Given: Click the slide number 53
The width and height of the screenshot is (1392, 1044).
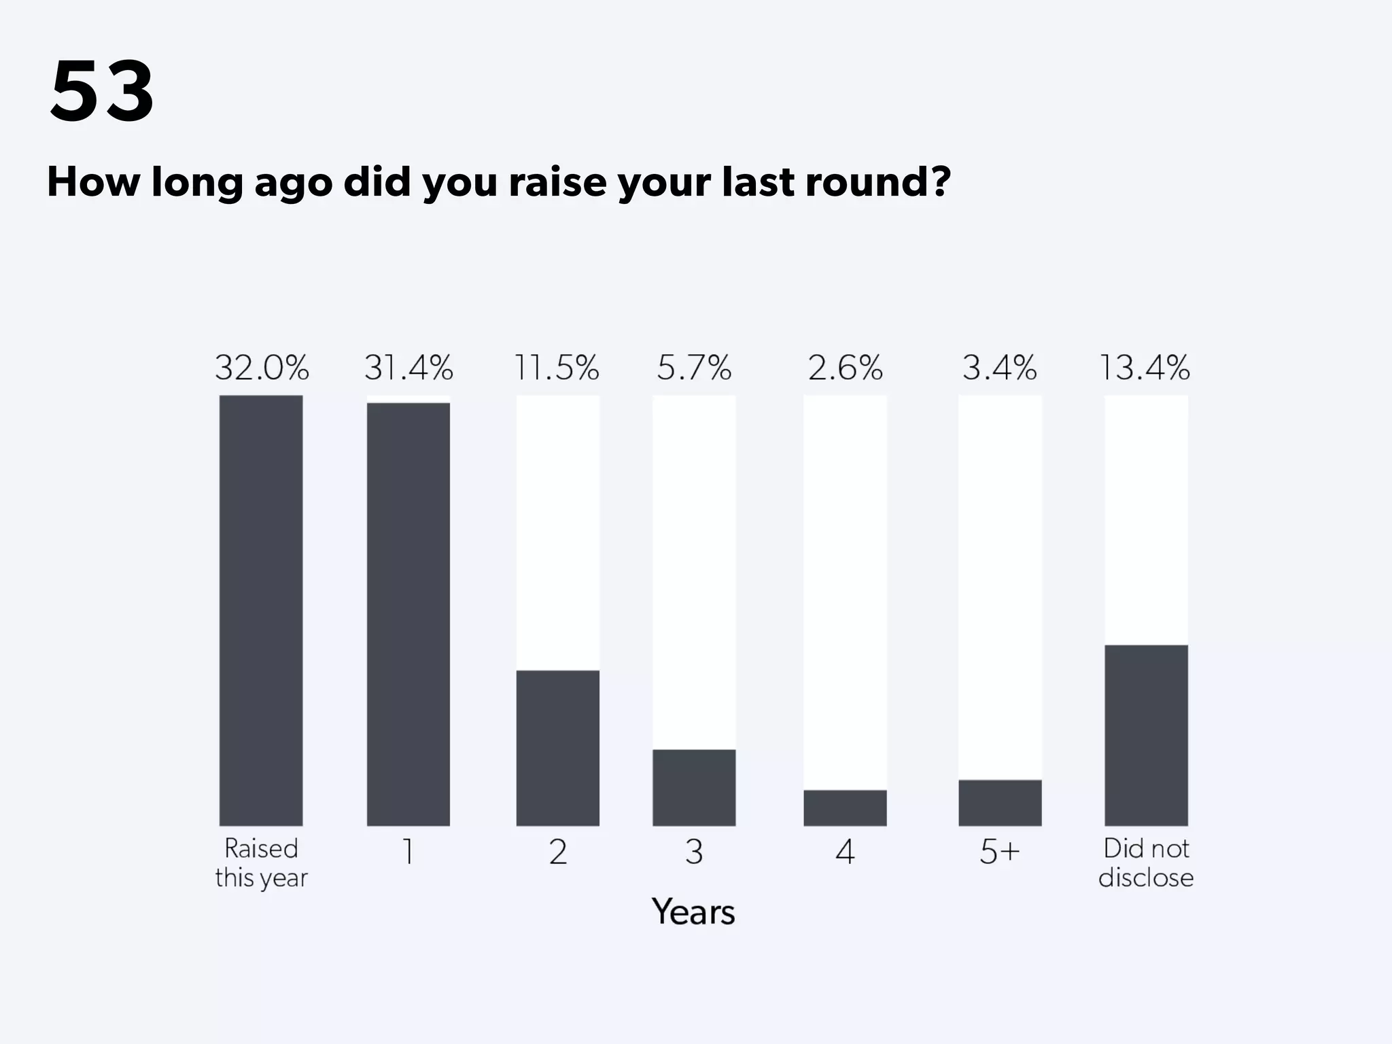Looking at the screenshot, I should pyautogui.click(x=102, y=91).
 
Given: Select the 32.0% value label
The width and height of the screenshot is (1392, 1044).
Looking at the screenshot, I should pyautogui.click(x=262, y=368).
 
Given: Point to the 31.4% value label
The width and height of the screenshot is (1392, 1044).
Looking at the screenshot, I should pyautogui.click(x=408, y=368).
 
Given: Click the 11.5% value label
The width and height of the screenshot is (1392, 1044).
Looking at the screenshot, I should pyautogui.click(x=557, y=368).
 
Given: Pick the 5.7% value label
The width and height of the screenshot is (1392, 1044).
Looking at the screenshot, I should pyautogui.click(x=694, y=368).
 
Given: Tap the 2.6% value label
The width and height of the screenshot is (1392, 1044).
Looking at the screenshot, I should pyautogui.click(x=845, y=368).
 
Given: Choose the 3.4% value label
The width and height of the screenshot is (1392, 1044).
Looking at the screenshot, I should pyautogui.click(x=999, y=368).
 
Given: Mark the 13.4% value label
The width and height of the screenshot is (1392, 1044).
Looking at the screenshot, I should pyautogui.click(x=1145, y=368).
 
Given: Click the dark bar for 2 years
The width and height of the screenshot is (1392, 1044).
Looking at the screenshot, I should pyautogui.click(x=558, y=748).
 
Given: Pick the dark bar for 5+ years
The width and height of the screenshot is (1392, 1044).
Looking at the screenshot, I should pyautogui.click(x=1000, y=803).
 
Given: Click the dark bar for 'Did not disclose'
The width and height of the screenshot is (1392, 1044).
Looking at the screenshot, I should pyautogui.click(x=1146, y=735).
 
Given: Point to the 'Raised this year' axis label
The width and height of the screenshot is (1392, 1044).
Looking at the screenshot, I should pyautogui.click(x=262, y=863).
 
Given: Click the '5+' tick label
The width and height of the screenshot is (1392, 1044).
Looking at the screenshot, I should pyautogui.click(x=1000, y=852).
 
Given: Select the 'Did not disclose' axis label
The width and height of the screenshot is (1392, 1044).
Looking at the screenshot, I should pyautogui.click(x=1146, y=863).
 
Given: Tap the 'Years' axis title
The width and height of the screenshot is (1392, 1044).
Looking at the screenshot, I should pyautogui.click(x=693, y=912).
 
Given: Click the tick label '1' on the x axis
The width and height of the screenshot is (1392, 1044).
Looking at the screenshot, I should pyautogui.click(x=408, y=852).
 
